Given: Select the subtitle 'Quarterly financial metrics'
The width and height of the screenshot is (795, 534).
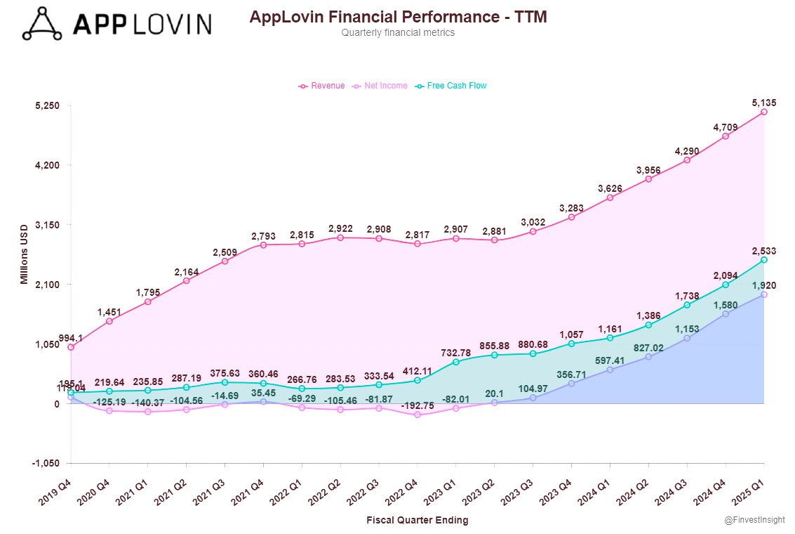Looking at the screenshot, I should coord(398,33).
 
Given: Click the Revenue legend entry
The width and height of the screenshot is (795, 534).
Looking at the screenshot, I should coord(322,86).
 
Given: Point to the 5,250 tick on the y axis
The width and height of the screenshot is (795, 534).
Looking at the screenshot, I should coord(48,105).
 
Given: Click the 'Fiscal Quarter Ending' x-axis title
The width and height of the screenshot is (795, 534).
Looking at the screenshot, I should coord(417,521).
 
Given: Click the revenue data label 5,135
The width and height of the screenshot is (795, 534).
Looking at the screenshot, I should coord(764,103).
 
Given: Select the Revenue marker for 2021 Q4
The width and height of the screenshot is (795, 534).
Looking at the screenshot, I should coord(263,245).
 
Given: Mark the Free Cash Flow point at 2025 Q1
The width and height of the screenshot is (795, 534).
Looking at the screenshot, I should coord(764,260).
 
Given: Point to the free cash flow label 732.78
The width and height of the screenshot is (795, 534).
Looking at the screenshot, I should coord(456,351).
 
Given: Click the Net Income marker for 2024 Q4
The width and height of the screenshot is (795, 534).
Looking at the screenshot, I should coord(726,313).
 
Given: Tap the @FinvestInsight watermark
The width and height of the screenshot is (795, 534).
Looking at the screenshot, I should coord(754,520).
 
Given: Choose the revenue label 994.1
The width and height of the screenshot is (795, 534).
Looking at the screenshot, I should coord(71,338).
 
